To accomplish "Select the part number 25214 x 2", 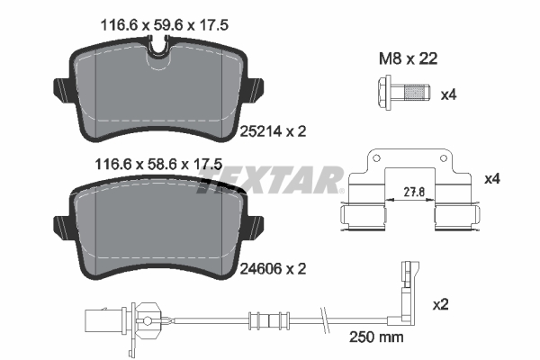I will [x=274, y=130].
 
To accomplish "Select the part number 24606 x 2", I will [x=274, y=267].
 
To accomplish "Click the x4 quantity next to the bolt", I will [x=449, y=93].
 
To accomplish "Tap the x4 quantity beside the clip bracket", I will [x=491, y=178].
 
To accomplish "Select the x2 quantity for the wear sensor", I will [x=440, y=305].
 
